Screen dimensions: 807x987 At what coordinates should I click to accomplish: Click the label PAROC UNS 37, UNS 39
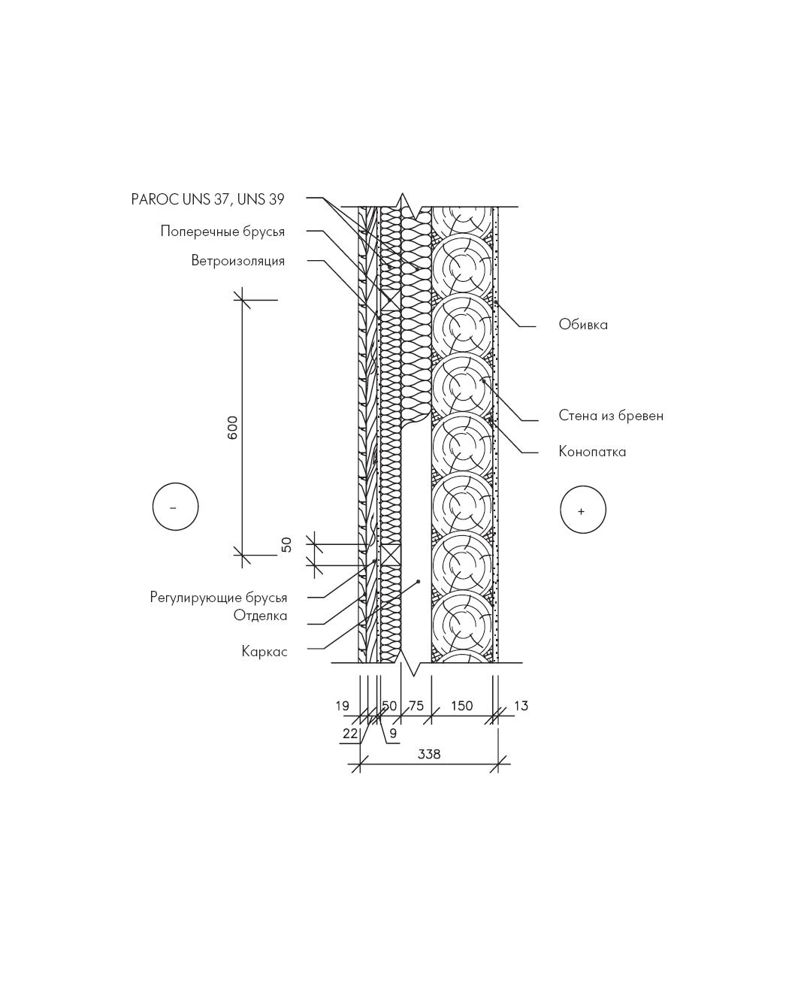point(207,199)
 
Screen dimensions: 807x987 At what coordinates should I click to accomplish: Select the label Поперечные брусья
point(222,232)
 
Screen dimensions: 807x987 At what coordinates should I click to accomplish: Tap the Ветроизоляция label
point(238,261)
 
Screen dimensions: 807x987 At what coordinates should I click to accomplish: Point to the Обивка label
point(583,324)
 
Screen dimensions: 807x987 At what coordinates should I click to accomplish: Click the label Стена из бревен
point(611,416)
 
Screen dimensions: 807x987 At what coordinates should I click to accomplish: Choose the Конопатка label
point(592,452)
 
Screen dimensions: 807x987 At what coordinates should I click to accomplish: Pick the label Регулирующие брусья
point(219,598)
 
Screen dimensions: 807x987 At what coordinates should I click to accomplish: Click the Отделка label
point(260,616)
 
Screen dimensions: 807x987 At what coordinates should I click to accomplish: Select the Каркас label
point(264,652)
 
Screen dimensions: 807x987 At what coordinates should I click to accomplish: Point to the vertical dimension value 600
point(232,428)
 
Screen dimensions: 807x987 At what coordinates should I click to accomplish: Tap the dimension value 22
point(350,734)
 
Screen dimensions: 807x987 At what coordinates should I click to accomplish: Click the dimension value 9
point(393,734)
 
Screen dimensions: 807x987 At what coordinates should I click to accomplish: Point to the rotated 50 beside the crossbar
point(287,545)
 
